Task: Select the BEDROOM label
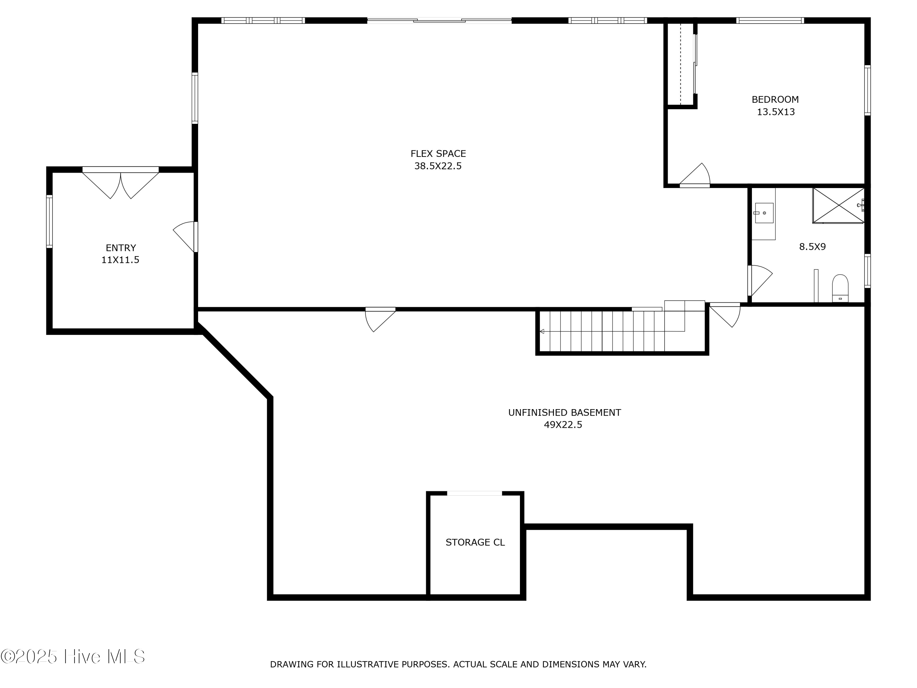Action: pos(775,99)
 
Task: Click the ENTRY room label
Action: pos(121,248)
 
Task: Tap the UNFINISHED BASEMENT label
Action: pos(564,412)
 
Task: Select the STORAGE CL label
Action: pos(475,542)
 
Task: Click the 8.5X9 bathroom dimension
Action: pos(812,247)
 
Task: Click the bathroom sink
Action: pos(764,213)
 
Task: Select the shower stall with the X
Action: pos(838,205)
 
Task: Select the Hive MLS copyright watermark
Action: pos(73,657)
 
